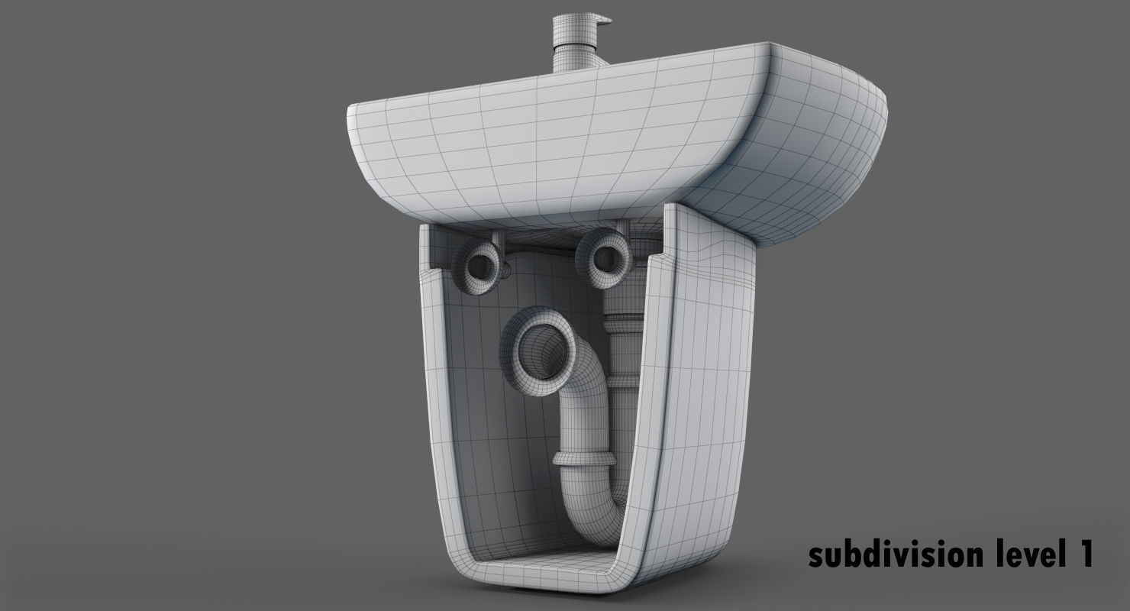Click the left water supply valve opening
[480, 264]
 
